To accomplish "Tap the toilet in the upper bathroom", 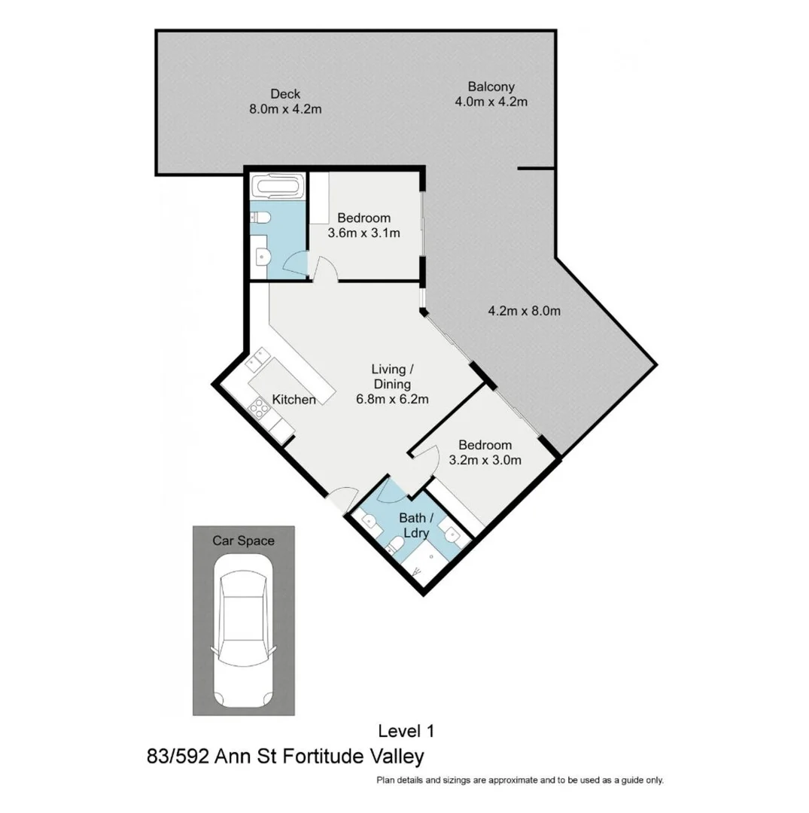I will tap(261, 218).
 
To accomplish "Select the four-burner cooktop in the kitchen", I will tap(259, 409).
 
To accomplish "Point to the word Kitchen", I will tap(293, 400).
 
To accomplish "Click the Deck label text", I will tap(285, 94).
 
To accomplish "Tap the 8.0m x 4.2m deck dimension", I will tap(285, 109).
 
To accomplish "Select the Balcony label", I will tap(491, 87).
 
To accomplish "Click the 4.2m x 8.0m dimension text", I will tap(525, 310).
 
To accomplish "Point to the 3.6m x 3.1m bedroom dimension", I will tap(363, 233).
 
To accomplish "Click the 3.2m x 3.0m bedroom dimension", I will tap(485, 461).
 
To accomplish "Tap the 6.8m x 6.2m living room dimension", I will tap(392, 399).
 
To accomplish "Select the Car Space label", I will tap(243, 540).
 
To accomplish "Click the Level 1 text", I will tap(406, 730).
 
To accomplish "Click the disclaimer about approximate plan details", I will tap(520, 781).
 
